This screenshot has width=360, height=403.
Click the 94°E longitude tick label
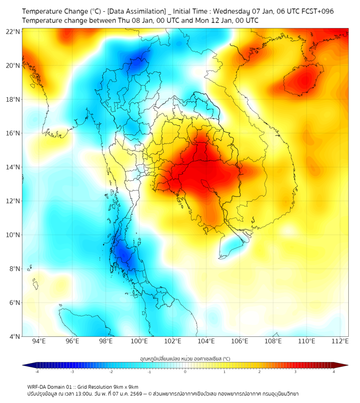(39, 341)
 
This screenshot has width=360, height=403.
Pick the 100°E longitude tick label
(139, 341)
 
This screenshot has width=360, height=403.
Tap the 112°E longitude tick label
(340, 341)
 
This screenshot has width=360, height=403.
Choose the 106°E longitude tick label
(240, 341)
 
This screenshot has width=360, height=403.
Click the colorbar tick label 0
(185, 372)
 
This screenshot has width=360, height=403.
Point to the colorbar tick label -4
(36, 372)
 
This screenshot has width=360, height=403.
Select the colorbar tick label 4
(334, 372)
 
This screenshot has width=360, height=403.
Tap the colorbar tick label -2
(110, 372)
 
